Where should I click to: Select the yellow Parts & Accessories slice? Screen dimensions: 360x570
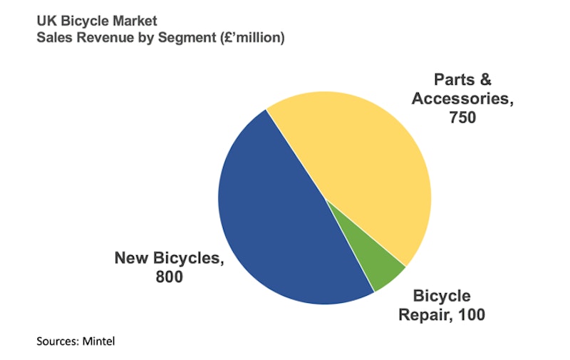(356, 164)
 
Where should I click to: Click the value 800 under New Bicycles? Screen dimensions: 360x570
(170, 277)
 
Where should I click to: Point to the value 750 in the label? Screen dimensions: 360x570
(462, 117)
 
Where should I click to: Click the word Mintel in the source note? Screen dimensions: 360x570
(98, 341)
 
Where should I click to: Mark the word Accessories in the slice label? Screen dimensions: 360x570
(462, 98)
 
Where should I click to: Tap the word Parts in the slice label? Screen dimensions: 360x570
(448, 80)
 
